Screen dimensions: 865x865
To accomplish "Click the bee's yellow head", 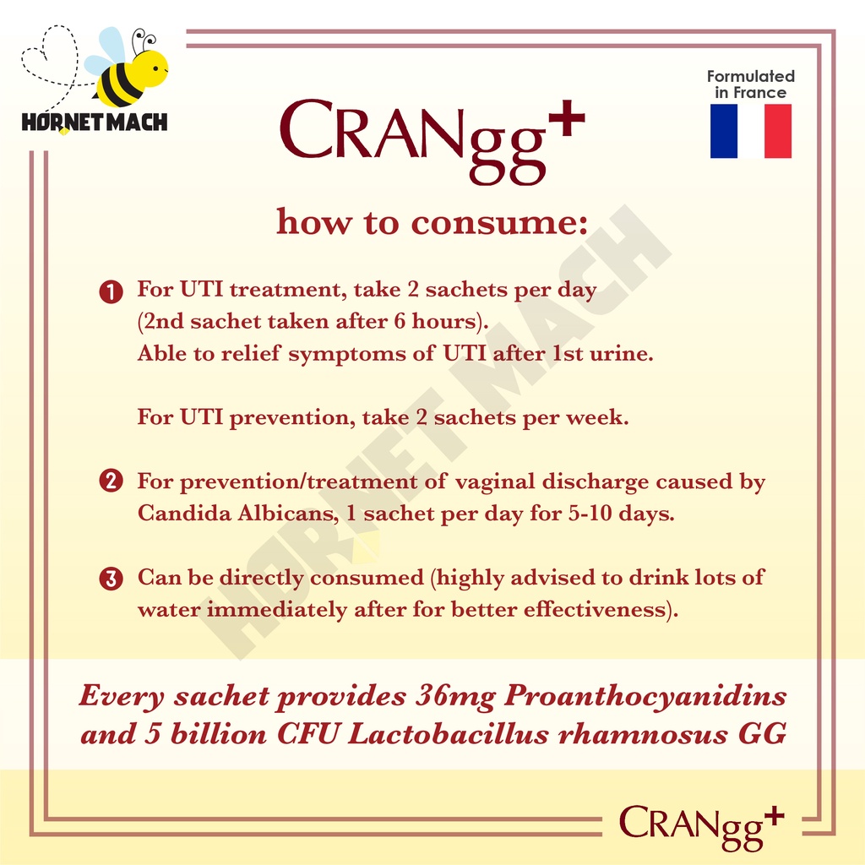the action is coord(148,68).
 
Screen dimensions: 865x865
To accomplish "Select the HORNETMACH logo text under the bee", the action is coord(95,122).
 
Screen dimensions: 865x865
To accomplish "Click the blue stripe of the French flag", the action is coord(723,131).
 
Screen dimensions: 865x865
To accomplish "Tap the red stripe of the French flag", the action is coord(778,131).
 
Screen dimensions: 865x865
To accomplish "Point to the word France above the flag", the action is coord(759,93).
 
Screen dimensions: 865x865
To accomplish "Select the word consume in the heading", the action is coord(500,223).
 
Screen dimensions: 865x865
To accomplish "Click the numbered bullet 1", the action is coord(111,291).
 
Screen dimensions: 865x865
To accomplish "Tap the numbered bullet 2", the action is coord(111,481).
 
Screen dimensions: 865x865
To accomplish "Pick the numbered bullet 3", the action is coord(111,579).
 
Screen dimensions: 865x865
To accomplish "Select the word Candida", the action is coord(184,513).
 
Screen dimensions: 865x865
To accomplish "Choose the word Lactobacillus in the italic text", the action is coord(449,734).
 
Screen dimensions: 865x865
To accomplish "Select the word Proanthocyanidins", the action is coord(645,696).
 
